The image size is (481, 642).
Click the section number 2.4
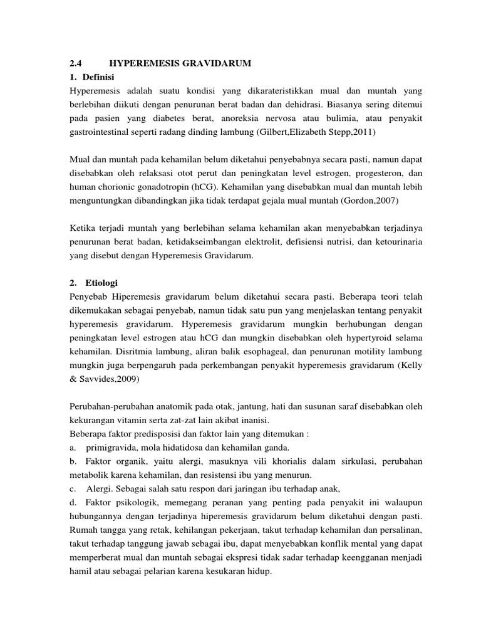75,63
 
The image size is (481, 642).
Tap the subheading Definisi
96,76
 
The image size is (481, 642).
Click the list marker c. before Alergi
73,489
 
